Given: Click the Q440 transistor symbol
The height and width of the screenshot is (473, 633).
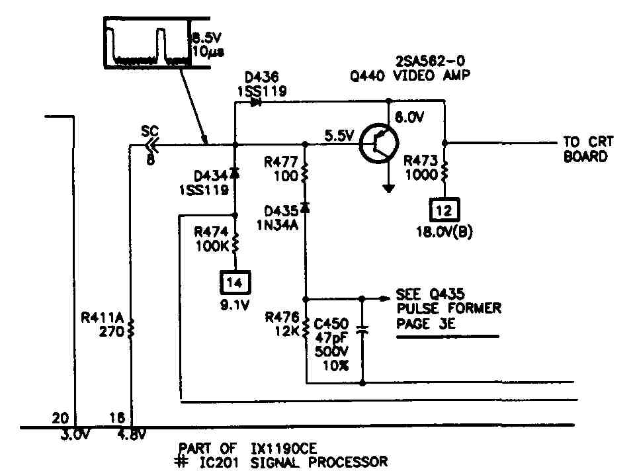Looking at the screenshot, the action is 379,143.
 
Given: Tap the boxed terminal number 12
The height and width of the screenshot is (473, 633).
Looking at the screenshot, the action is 444,210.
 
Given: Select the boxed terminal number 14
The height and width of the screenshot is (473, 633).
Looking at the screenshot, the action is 235,282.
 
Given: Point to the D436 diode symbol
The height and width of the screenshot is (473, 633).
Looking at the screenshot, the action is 256,102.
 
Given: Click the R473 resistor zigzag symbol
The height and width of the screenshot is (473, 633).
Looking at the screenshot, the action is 445,171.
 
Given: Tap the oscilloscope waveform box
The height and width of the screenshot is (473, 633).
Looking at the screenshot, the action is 147,43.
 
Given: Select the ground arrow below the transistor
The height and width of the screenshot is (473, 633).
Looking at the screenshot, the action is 388,189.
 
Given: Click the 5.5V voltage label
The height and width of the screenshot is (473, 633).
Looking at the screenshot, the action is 339,136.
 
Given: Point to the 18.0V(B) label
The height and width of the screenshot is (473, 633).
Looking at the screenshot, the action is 444,232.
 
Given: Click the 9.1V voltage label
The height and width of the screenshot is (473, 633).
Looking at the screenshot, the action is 235,305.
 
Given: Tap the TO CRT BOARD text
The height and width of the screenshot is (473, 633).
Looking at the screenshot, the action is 588,149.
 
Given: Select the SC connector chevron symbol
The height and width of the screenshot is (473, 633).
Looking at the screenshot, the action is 153,144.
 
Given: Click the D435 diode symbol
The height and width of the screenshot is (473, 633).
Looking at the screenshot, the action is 305,208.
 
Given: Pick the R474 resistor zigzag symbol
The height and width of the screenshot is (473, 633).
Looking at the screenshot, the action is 235,242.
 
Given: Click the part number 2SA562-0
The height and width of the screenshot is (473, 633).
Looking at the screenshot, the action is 430,61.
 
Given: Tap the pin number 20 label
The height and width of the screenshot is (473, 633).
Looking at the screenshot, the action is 61,418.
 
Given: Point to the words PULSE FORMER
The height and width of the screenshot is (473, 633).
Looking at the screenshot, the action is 449,308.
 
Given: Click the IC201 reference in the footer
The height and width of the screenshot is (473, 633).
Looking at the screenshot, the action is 219,462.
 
